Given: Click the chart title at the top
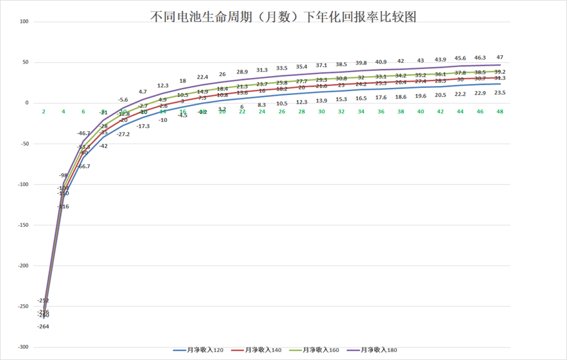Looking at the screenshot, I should pos(283,16).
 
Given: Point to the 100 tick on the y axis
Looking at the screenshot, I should pos(25,22).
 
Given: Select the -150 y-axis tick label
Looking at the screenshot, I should pos(24,225).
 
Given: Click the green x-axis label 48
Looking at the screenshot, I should pos(499,112).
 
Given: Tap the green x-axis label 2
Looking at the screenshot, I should pos(44,112).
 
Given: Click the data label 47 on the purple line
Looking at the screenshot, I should pos(499,57).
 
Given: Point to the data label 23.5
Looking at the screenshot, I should pos(499,93).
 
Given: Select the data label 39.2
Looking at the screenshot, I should pos(499,72).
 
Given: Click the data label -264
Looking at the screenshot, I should pos(43,327).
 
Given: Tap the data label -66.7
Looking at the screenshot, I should pos(84,167).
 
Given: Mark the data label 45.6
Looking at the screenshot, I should pos(460,58).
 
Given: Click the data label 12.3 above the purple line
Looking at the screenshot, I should pos(163,85).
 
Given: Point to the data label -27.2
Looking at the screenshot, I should pos(123,134).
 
